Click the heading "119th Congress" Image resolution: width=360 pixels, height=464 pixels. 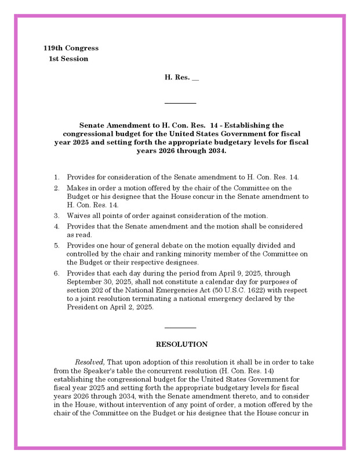71,48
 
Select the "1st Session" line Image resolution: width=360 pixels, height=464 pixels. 68,59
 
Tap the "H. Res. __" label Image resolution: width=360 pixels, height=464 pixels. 181,77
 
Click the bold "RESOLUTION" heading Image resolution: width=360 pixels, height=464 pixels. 181,344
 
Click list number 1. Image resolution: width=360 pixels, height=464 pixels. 57,176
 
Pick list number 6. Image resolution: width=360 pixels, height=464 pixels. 57,273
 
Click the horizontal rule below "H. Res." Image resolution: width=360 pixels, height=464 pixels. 180,103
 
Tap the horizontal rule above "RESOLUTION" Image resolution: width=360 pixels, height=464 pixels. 180,328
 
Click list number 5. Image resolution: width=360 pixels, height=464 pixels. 57,245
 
